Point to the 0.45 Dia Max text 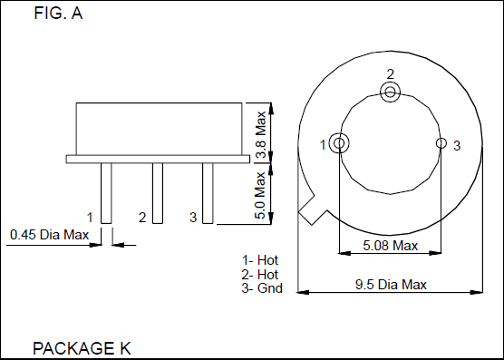[x=50, y=236]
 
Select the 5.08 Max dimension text [x=390, y=246]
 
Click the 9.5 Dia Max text [x=391, y=285]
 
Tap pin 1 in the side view [x=106, y=192]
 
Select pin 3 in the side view [x=208, y=192]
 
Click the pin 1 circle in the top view [x=339, y=143]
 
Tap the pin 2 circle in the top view [x=390, y=92]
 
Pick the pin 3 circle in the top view [x=441, y=143]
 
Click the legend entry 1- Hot [x=259, y=260]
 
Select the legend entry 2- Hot [x=259, y=274]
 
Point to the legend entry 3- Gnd [x=261, y=288]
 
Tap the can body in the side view [x=160, y=128]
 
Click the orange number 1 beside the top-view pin [x=324, y=144]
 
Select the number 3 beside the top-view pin [x=457, y=145]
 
